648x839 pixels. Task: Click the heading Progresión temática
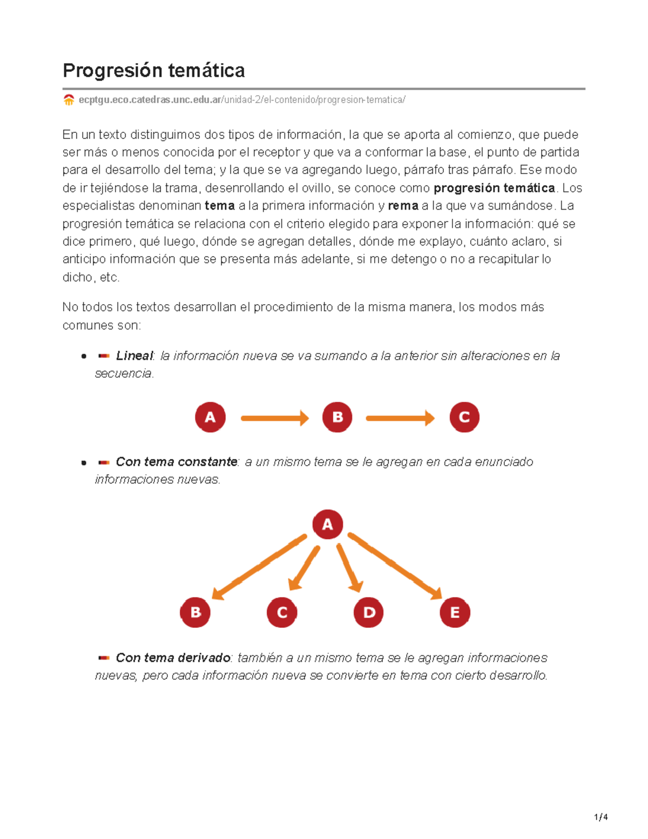pos(153,70)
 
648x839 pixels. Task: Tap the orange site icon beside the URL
pos(69,100)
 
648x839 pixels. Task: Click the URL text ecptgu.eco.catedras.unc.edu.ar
pos(150,100)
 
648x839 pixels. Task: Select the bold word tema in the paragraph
pos(219,206)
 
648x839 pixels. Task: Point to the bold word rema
pos(403,206)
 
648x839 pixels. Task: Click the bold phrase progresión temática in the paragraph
pos(494,188)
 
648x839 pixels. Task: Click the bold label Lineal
pos(134,355)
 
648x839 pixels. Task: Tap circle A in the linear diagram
pos(210,417)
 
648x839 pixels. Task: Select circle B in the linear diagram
pos(337,417)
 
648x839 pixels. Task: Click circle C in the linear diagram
pos(464,417)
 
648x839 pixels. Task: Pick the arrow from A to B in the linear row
pos(274,418)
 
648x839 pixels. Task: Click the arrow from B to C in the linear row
pos(400,418)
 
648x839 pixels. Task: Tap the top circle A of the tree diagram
pos(327,524)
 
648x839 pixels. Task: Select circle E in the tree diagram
pos(455,612)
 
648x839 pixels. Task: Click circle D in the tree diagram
pos(368,612)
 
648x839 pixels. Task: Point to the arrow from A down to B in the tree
pos(259,567)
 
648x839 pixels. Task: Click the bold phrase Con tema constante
pos(177,462)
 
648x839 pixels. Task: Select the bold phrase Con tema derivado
pos(173,657)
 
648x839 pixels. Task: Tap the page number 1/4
pos(600,817)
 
